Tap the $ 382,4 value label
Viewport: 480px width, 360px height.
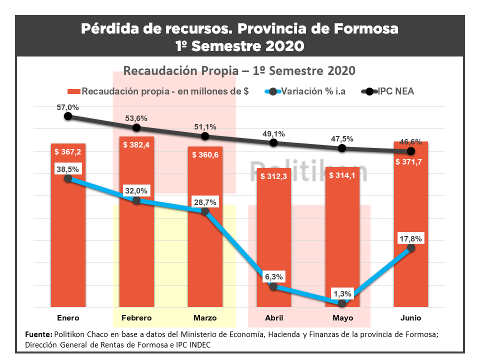(x=136, y=144)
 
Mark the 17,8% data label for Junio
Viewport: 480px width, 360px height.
(x=411, y=238)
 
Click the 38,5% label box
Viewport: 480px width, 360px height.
(x=68, y=169)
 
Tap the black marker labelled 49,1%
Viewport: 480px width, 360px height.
(x=273, y=142)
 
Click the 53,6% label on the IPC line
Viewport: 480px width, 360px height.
(x=136, y=118)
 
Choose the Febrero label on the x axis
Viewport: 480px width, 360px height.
(x=136, y=318)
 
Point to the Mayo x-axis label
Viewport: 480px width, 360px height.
(x=342, y=318)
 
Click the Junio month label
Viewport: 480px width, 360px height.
(x=411, y=318)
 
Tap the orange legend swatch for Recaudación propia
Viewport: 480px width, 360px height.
(x=73, y=91)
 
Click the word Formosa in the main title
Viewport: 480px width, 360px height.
(x=365, y=28)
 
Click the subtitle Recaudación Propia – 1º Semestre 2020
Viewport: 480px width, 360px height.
(x=239, y=70)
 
